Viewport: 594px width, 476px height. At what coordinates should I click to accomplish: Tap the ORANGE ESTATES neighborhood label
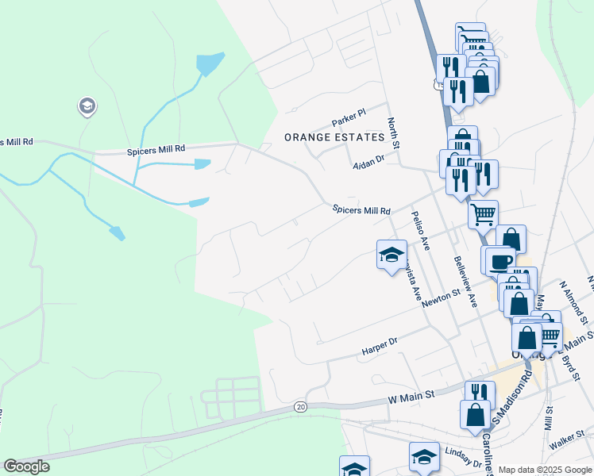click(334, 137)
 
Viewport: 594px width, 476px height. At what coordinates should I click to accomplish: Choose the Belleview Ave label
click(465, 282)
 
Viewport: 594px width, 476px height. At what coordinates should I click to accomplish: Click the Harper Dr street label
click(378, 345)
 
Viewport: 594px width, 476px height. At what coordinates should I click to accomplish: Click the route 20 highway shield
click(299, 406)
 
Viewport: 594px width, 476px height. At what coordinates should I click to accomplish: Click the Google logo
click(27, 466)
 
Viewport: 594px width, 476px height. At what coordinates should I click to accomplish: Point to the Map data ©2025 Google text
click(544, 470)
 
